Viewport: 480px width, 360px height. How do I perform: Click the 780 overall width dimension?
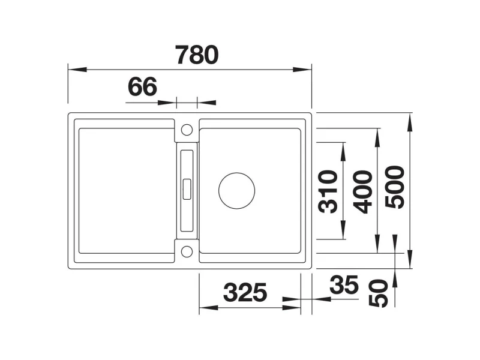[197, 55]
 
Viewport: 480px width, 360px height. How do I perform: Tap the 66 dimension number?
[142, 86]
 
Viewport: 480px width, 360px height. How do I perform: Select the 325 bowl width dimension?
[245, 292]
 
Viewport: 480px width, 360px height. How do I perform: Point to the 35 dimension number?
[344, 284]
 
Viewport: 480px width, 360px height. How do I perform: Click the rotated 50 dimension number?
[379, 293]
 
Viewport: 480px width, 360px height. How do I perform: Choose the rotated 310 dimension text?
[328, 191]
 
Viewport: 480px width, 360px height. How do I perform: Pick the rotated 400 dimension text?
[363, 191]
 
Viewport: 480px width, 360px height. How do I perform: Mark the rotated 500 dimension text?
[395, 187]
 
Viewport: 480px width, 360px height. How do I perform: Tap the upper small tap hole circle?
[187, 130]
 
